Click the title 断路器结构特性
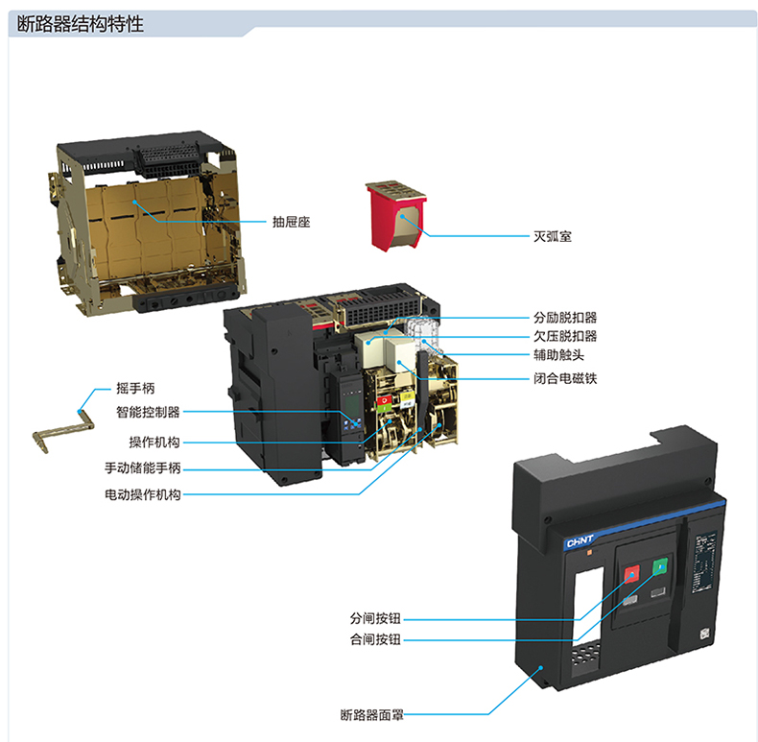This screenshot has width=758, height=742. (x=81, y=24)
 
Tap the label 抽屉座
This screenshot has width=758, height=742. (x=291, y=222)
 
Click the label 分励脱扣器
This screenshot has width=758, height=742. (x=565, y=317)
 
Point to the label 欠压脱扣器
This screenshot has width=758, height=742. (x=565, y=336)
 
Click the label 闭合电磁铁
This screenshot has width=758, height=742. (x=565, y=377)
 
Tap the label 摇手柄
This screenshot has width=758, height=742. (x=135, y=389)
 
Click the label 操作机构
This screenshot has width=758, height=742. (x=154, y=443)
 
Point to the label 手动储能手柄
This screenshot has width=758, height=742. (x=142, y=468)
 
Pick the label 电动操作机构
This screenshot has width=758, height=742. (x=142, y=495)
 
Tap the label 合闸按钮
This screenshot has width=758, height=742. (x=375, y=639)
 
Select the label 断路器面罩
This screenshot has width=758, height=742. (x=375, y=714)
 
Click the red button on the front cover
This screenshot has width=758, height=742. (x=632, y=575)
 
